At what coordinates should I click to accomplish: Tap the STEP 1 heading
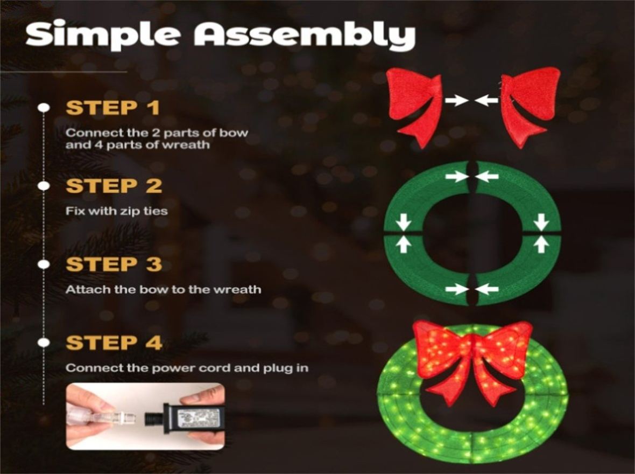click(x=113, y=108)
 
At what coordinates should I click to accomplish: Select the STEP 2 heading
click(x=114, y=186)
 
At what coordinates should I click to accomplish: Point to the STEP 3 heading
click(x=114, y=264)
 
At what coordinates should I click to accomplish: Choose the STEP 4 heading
click(x=114, y=343)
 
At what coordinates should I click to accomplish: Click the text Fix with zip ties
click(x=117, y=211)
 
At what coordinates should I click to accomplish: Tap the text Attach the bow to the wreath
click(x=163, y=289)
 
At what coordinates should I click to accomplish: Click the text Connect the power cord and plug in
click(x=187, y=368)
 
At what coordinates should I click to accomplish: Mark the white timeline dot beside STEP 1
click(x=44, y=108)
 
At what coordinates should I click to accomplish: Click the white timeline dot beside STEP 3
click(x=44, y=264)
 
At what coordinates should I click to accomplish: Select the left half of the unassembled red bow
click(x=414, y=106)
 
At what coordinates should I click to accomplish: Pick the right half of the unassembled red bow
click(x=531, y=106)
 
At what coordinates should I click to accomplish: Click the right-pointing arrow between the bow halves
click(x=457, y=100)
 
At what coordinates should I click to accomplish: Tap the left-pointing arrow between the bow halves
click(x=486, y=100)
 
